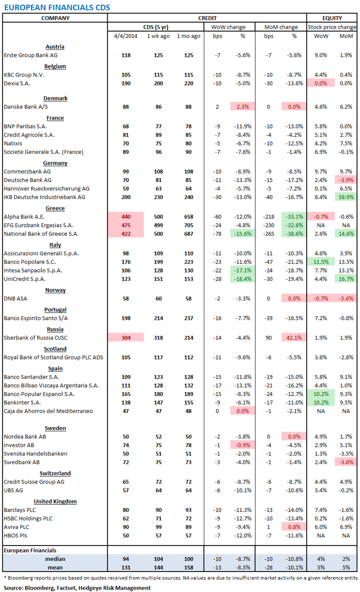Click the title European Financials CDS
[57, 7]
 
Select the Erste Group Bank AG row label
[31, 55]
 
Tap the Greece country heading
[55, 208]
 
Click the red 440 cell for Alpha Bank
[126, 217]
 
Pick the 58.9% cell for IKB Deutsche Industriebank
[346, 197]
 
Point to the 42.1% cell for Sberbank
[294, 338]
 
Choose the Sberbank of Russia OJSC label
[36, 338]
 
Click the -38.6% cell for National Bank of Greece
[294, 234]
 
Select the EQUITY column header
[332, 18]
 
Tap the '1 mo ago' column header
[188, 36]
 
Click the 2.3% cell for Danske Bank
[243, 107]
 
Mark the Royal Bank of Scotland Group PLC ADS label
[54, 357]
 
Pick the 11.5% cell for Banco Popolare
[321, 262]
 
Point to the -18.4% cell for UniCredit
[243, 279]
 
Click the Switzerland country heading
[55, 473]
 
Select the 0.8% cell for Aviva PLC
[294, 527]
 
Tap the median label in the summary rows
[55, 559]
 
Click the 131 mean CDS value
[126, 567]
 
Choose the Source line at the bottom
[77, 588]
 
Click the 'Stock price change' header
[332, 27]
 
